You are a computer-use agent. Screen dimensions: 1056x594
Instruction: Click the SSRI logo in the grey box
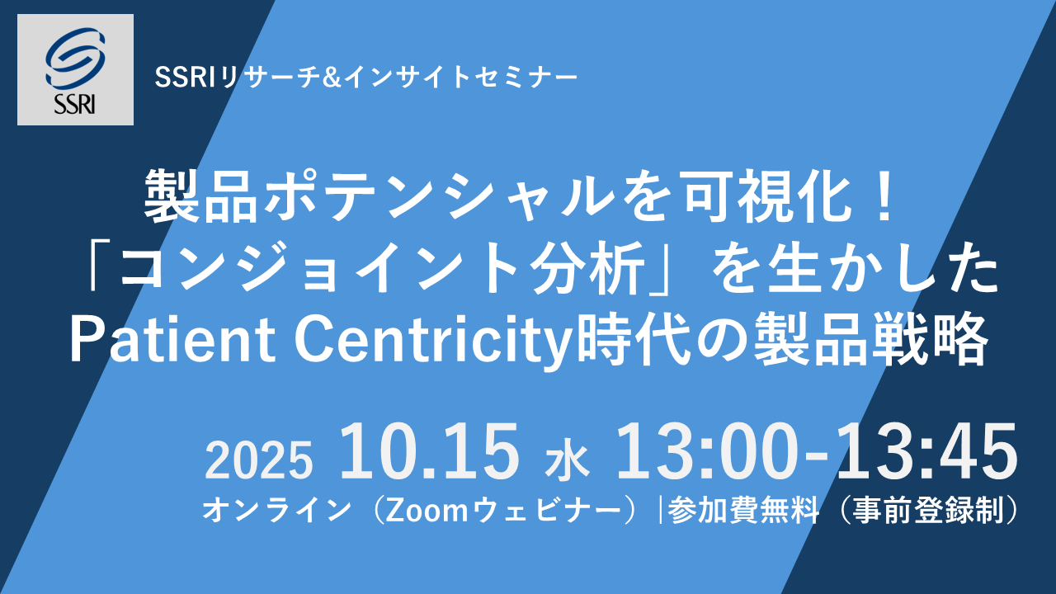(75, 70)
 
